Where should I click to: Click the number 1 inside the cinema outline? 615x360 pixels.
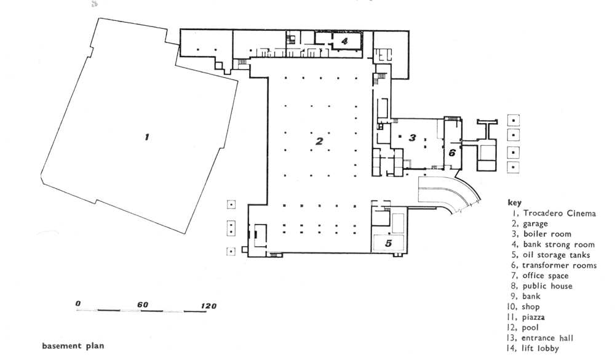click(146, 137)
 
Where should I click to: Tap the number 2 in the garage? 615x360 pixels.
click(319, 141)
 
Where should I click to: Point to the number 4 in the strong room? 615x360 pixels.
click(345, 41)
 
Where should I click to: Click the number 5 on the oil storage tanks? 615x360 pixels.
click(388, 242)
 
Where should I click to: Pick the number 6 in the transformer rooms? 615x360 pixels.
click(452, 153)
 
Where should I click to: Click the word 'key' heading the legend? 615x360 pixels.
click(514, 202)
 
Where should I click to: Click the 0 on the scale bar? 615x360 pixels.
click(78, 304)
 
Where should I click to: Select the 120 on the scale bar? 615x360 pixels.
click(208, 305)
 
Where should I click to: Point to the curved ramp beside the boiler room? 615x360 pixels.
click(452, 193)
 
